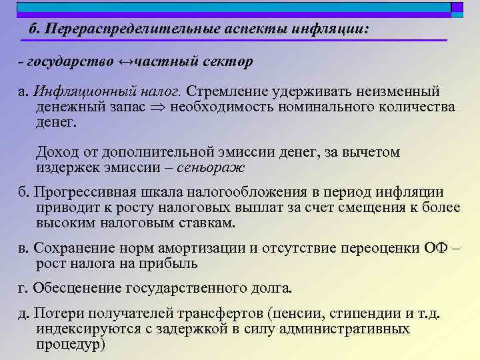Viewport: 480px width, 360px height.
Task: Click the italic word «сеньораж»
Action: coord(217,167)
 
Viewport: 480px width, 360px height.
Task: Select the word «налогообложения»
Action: coord(230,193)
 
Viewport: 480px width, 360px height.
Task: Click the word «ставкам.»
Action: coord(207,223)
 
